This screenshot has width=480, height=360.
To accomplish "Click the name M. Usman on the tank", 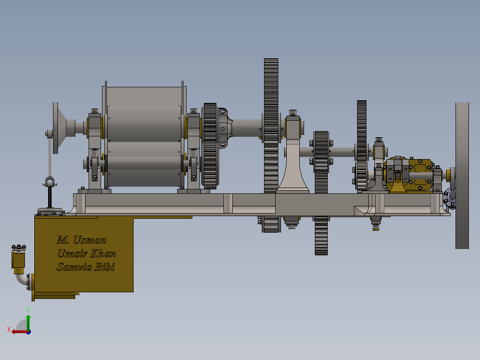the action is [x=81, y=240].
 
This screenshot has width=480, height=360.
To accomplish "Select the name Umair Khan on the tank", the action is [x=86, y=254].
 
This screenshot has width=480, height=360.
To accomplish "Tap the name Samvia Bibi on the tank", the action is [x=85, y=267].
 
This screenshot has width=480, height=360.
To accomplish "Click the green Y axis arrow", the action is [x=28, y=322].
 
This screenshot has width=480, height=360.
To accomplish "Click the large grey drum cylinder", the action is [x=144, y=136].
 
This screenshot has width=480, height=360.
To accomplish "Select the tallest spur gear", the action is [x=271, y=145].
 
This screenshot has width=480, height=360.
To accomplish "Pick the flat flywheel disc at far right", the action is [x=462, y=176].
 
